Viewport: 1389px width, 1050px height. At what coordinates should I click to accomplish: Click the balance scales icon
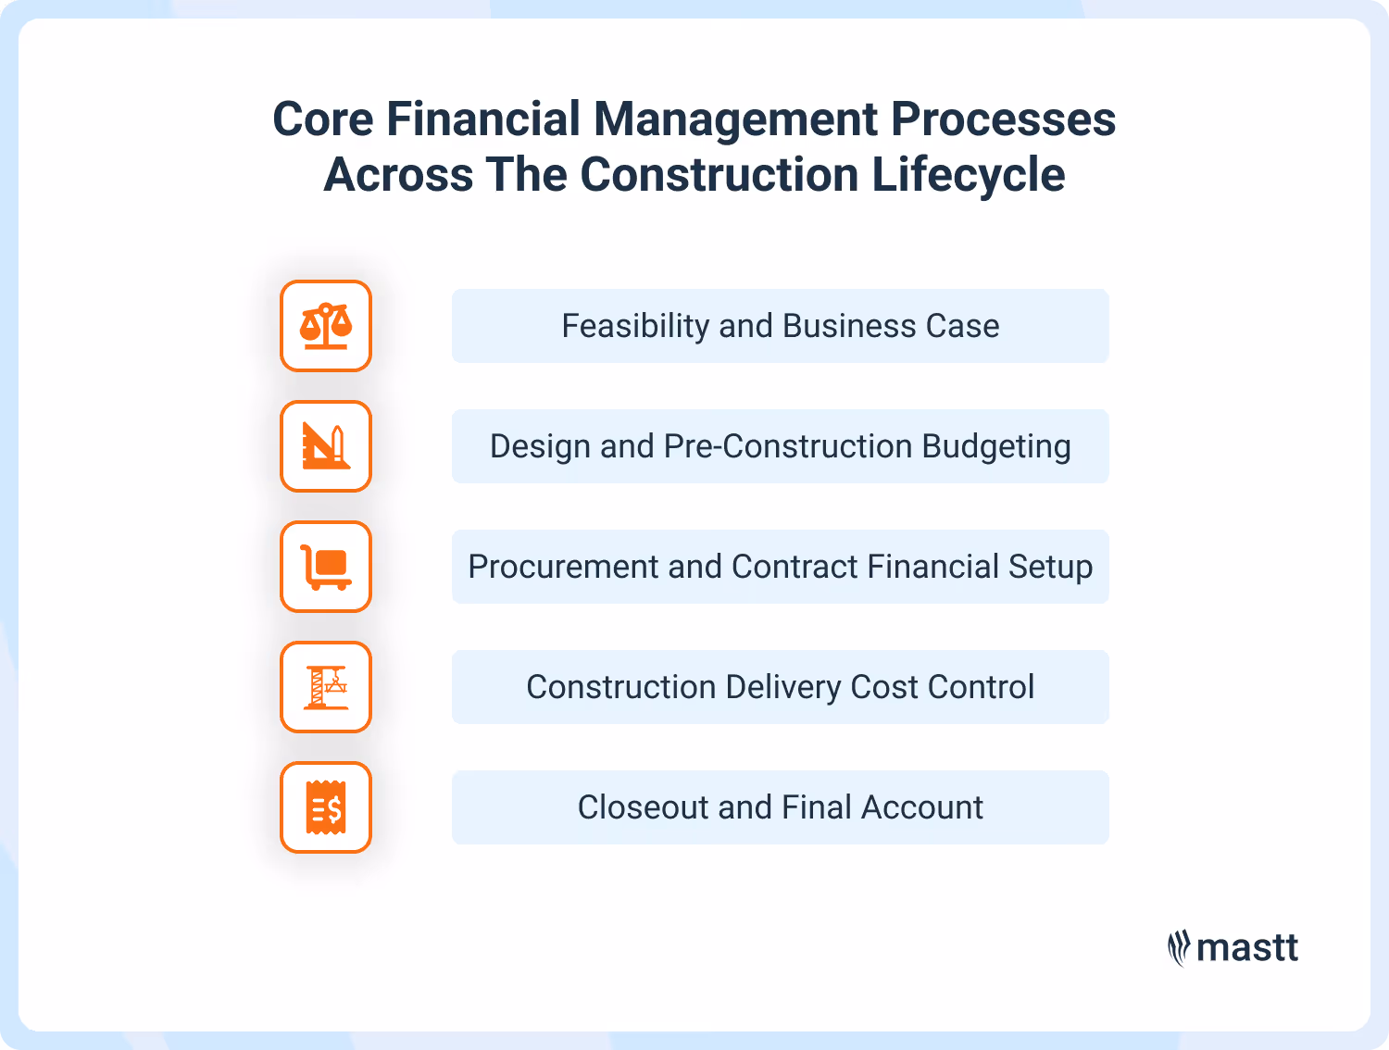click(x=326, y=326)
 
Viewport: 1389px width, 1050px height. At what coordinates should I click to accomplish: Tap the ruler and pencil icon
click(x=326, y=446)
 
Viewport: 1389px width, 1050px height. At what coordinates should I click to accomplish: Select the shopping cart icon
click(x=326, y=567)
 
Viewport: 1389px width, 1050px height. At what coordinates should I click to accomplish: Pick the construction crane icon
click(x=326, y=687)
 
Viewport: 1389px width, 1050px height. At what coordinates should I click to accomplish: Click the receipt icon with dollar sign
click(x=326, y=807)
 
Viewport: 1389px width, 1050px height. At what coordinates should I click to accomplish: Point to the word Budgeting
click(x=996, y=446)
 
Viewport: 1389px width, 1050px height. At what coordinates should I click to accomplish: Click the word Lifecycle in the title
click(x=969, y=175)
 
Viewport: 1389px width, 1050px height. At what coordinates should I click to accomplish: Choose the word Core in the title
click(x=323, y=119)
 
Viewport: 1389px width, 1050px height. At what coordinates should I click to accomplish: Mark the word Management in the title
click(x=735, y=119)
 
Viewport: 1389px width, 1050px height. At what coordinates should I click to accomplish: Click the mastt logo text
click(x=1247, y=948)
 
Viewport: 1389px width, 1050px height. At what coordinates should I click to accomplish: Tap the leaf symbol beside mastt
click(x=1178, y=948)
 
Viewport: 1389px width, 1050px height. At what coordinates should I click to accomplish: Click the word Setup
click(x=1050, y=567)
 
